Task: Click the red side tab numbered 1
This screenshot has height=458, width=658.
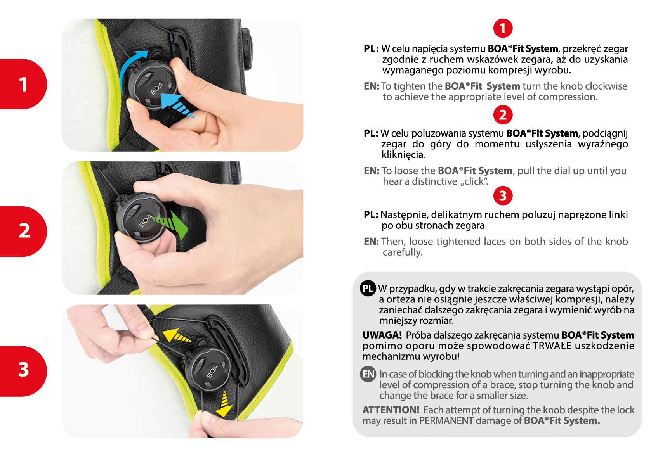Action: tap(23, 84)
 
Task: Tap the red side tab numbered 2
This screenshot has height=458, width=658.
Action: tap(23, 232)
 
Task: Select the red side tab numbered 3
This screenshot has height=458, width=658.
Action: tap(23, 371)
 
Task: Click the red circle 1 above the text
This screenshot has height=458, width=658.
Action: tap(503, 28)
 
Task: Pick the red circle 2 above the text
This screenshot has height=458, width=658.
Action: tap(503, 115)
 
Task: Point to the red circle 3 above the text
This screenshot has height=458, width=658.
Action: tap(503, 195)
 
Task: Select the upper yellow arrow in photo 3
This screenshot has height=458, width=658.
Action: tap(176, 337)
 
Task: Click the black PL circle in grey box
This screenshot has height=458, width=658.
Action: tap(368, 289)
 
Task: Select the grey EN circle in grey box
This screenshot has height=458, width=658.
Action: tap(368, 374)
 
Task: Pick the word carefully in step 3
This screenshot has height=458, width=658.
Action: tap(403, 252)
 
